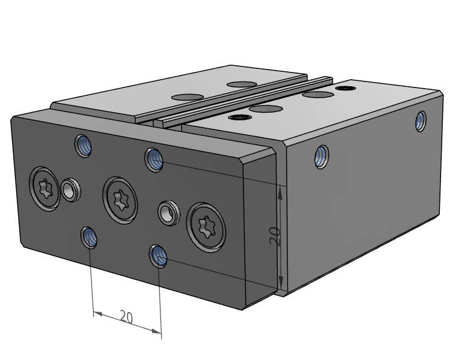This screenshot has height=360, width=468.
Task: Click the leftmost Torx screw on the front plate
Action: coord(45,189)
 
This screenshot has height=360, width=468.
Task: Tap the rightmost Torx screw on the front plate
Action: coord(206,227)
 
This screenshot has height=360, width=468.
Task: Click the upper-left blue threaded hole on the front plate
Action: coord(83,146)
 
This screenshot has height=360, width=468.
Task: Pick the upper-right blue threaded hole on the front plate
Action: coord(154,160)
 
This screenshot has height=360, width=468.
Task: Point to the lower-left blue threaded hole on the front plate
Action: coord(90,237)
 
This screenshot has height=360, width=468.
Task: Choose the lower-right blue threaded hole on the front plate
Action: coord(158,256)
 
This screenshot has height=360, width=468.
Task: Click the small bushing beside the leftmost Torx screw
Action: coord(71,190)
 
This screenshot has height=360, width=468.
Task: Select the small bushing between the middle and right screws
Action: coord(169,213)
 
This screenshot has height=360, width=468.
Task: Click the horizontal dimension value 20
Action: coord(126,317)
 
